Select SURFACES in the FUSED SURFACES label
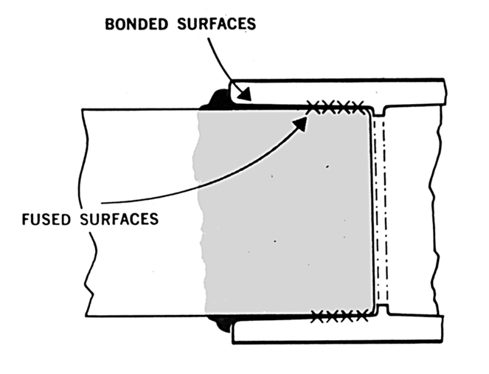pos(121,220)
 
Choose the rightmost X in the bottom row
pos(362,316)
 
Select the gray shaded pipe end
pos(288,214)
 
